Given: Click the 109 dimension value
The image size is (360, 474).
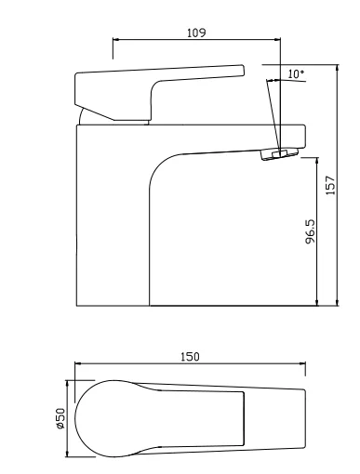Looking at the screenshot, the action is click(x=196, y=33).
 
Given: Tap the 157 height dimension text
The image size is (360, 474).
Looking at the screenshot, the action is click(x=331, y=185).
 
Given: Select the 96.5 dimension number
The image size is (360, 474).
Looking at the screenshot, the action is click(x=310, y=231).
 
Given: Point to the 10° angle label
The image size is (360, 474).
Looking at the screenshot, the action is click(x=296, y=73).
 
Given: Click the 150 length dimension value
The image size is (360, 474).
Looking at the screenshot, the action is click(x=190, y=357).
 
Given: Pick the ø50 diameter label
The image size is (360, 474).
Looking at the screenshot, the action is click(x=60, y=418).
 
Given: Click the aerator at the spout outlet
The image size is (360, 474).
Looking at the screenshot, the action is click(x=280, y=153).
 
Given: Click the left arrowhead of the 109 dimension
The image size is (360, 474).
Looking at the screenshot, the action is click(x=116, y=40).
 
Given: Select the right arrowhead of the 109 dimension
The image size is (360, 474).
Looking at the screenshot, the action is click(x=277, y=40).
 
